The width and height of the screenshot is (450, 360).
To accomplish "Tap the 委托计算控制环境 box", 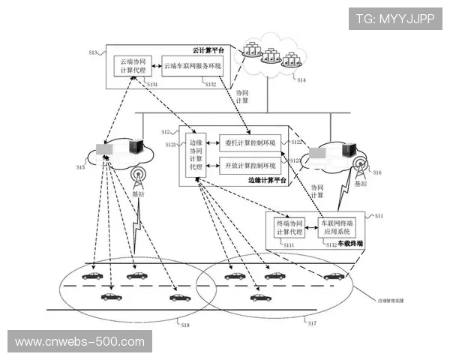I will point(250,142).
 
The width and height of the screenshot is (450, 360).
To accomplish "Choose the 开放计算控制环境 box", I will point(250,165).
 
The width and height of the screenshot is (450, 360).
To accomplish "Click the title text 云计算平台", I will point(208,49).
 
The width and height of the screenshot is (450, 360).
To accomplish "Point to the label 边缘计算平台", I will point(266,181).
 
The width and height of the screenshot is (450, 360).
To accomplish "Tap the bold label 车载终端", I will point(350,243).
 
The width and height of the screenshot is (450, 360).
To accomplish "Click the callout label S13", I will point(94,52).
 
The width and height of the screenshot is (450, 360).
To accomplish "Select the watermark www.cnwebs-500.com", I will point(79,342).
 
